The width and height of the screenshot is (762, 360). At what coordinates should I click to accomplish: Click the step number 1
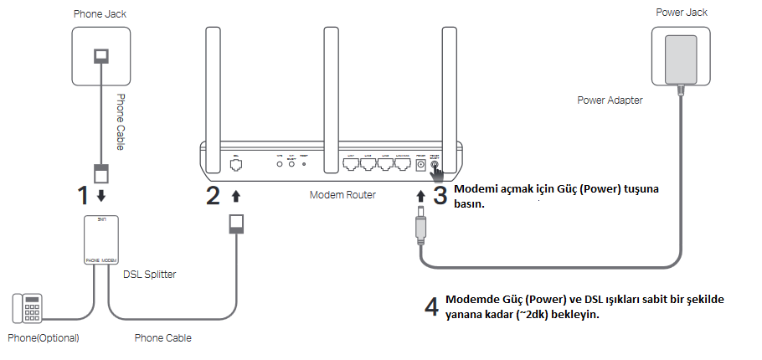coord(82,195)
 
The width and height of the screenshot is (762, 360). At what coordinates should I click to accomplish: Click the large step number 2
coord(214,195)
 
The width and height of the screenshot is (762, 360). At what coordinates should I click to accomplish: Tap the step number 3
coord(441,195)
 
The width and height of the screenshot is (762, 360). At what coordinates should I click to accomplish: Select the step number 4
coord(431,306)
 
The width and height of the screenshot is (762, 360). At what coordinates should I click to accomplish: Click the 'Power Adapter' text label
coord(610,100)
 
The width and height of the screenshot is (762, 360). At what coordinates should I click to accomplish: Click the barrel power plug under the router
coord(418,228)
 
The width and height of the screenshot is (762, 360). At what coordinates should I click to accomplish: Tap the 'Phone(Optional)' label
coord(43,338)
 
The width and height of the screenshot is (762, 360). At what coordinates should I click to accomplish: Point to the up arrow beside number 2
coord(236,196)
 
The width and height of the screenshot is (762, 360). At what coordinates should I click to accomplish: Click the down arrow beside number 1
coord(102,196)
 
